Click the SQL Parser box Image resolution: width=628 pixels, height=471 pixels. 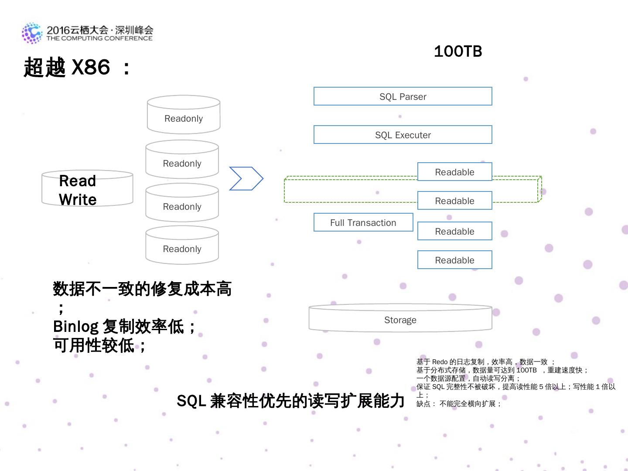pos(403,96)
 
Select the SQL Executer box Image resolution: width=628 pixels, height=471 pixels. pos(403,135)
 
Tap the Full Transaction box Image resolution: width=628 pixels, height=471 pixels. pos(363,222)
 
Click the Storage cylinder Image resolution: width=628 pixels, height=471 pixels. pos(400,320)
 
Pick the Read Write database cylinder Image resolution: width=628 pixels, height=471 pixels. pos(87,189)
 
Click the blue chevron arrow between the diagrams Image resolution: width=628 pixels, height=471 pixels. pos(246,178)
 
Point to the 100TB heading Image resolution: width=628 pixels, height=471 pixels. pos(458,51)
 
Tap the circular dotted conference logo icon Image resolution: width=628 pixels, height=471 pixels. pos(32,33)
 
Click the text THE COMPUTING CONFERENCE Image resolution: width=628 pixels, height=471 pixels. pos(99,38)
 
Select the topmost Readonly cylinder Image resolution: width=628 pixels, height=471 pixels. pos(184,116)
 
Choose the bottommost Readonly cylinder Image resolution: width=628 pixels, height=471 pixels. pos(182,246)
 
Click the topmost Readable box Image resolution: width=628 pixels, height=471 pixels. pos(454,172)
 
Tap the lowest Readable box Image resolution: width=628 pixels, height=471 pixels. pos(454,260)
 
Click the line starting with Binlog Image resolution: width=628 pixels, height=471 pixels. pos(124,326)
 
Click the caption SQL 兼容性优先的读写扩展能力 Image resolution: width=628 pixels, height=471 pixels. pos(290,401)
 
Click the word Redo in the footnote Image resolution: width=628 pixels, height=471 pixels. pos(440,362)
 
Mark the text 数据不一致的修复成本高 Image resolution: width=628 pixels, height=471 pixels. pos(142,289)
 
